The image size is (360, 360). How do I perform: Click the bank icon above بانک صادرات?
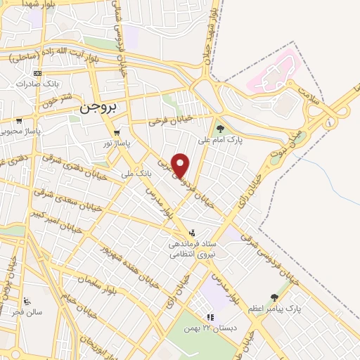coord(37,73)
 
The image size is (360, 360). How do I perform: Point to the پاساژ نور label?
coord(118,142)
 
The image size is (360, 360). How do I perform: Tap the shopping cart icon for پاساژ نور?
coord(117,131)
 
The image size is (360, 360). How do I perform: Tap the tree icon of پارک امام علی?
coord(220,129)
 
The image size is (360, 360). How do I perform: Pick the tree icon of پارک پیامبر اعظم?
coord(274,297)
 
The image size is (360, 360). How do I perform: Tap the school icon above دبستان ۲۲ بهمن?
coord(209,317)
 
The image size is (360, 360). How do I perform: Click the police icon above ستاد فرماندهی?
coord(191,233)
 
